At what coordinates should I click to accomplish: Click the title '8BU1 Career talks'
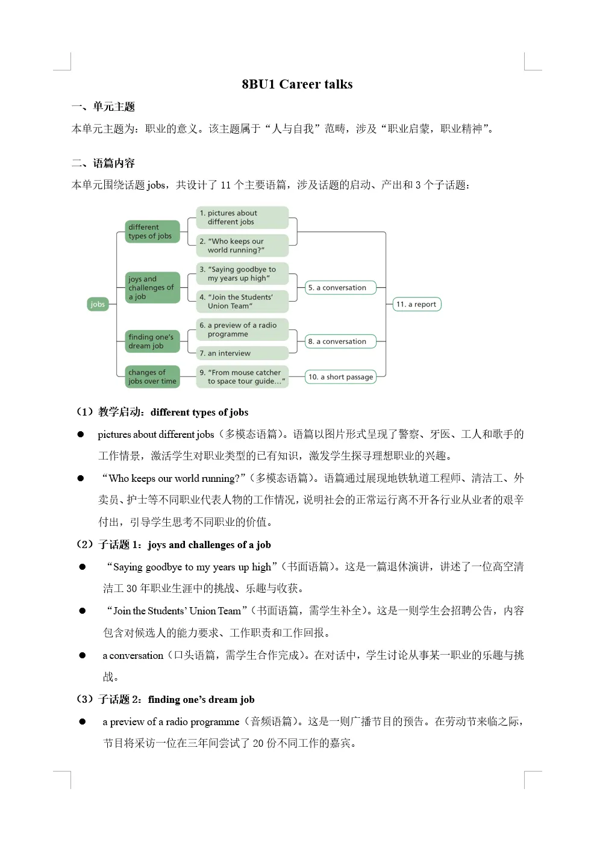[297, 84]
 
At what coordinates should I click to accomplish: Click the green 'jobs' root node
[98, 304]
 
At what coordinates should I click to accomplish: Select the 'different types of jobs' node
[152, 232]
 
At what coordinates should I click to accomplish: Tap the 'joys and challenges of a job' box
[152, 288]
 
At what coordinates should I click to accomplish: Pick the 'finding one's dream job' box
[152, 341]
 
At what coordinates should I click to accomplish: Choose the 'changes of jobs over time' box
[152, 377]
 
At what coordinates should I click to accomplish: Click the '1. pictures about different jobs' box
[242, 217]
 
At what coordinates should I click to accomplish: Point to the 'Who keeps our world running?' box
[242, 246]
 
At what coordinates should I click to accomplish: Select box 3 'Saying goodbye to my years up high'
[242, 274]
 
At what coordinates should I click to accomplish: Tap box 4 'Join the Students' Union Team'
[242, 302]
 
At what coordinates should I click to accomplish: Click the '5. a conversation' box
[340, 288]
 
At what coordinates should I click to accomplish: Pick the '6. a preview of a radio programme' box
[242, 329]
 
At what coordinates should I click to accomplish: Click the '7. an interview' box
[242, 354]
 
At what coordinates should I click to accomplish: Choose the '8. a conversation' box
[340, 341]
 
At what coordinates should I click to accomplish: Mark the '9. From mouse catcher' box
[242, 377]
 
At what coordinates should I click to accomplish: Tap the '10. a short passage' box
[340, 377]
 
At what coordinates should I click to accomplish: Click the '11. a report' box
[416, 304]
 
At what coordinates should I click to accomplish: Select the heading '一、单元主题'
[104, 107]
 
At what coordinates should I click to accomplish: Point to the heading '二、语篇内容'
[104, 164]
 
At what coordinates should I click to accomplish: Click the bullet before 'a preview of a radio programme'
[83, 722]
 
